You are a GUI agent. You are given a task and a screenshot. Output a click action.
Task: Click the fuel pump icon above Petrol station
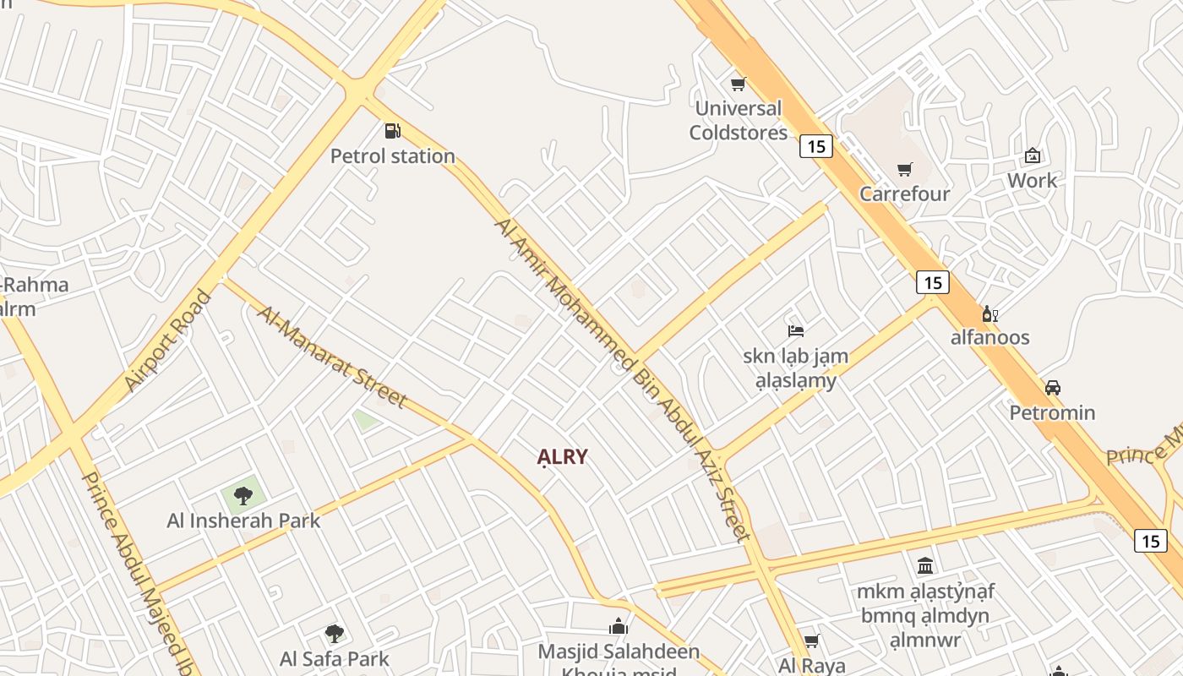(392, 131)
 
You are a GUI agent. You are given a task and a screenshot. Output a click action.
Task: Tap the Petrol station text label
(392, 156)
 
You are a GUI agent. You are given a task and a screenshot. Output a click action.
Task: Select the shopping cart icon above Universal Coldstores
(738, 84)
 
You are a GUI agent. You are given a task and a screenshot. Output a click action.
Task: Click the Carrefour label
(904, 194)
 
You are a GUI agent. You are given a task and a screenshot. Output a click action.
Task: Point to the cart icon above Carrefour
(904, 169)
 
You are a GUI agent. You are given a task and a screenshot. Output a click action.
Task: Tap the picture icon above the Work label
(1032, 155)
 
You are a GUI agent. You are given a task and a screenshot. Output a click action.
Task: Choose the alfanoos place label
(989, 337)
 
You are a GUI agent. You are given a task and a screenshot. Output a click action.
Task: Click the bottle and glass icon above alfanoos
(989, 314)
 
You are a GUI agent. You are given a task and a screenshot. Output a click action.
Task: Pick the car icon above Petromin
(1052, 388)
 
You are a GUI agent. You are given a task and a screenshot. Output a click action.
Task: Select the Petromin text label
(1052, 412)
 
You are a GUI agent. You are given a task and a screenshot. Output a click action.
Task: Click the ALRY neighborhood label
(562, 457)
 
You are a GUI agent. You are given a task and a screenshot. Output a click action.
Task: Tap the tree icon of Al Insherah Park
(243, 495)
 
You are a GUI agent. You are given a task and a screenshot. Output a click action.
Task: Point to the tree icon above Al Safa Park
(335, 633)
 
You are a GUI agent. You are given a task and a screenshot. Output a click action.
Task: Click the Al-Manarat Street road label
(332, 356)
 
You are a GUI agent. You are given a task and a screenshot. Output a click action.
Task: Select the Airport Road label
(167, 341)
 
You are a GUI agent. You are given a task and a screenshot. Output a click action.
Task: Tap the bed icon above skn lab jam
(795, 330)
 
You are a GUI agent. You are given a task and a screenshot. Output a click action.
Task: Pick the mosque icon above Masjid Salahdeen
(619, 627)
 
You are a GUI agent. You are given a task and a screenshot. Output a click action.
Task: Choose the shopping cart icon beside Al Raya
(811, 641)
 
